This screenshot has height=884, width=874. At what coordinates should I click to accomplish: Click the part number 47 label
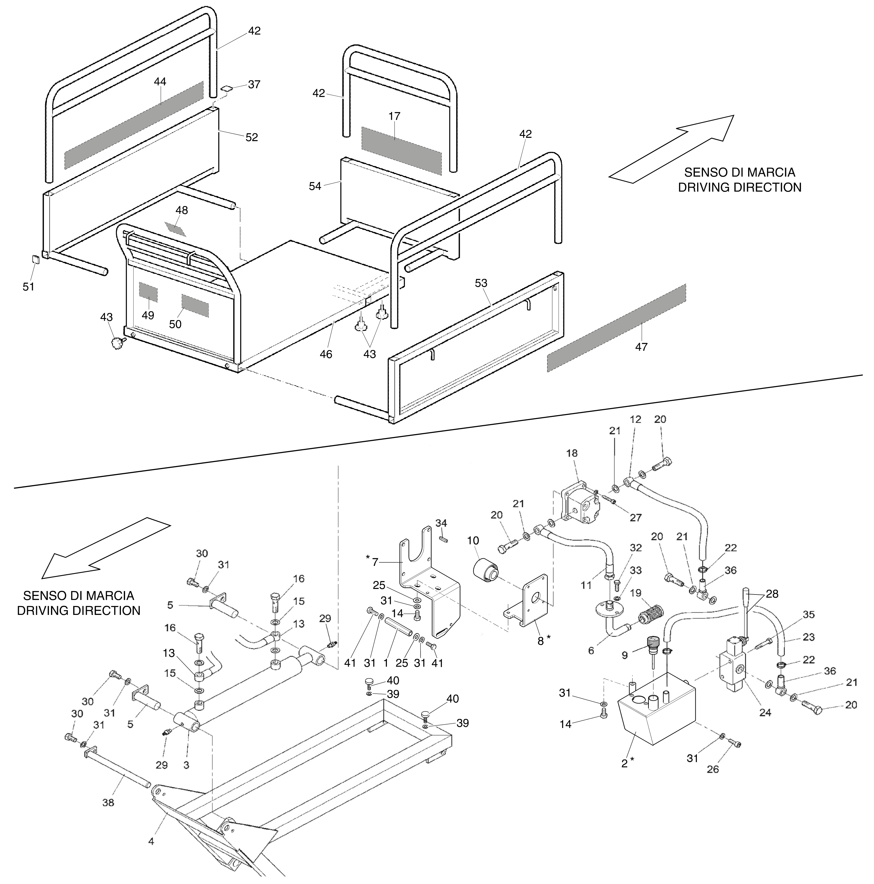[x=641, y=347]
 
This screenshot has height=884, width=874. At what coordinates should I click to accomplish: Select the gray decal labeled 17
[x=401, y=151]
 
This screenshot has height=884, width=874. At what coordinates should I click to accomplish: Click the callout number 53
[x=481, y=283]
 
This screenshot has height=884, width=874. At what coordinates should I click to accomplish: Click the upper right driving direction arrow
[x=672, y=149]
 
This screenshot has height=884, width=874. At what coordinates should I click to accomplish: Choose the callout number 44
[x=160, y=82]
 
